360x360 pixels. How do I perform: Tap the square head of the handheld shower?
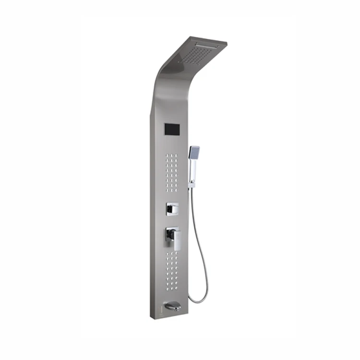tap(194, 152)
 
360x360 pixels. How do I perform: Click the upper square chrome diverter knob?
tap(172, 209)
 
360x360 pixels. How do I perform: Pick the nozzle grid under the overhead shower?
tap(196, 53)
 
